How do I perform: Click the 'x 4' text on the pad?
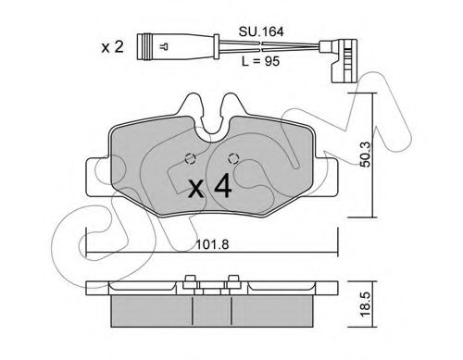tap(210, 186)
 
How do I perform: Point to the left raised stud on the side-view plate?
tap(189, 281)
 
